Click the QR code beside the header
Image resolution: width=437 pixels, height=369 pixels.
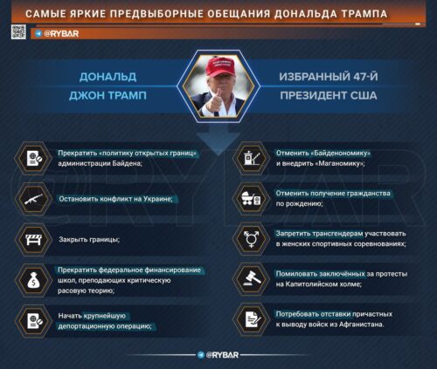tap(17, 32)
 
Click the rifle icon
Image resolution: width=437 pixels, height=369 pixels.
tap(32, 199)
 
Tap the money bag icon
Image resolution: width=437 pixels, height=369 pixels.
tap(32, 278)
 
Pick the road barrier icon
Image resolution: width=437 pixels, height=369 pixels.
tap(32, 238)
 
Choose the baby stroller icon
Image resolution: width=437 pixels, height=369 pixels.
tap(248, 198)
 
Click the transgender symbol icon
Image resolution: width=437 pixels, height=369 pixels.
tap(248, 238)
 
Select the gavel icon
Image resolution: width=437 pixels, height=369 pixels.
tap(248, 278)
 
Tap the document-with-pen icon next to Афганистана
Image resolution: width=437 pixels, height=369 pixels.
tap(248, 318)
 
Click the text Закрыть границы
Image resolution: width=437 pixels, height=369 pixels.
tap(88, 238)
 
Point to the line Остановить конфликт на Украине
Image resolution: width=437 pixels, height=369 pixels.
tap(115, 198)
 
